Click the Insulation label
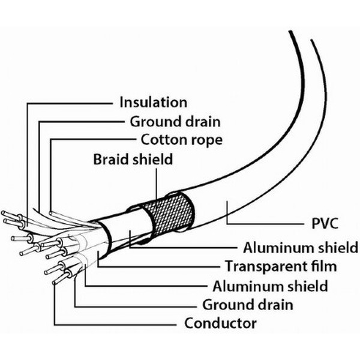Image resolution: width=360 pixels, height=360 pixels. (154, 103)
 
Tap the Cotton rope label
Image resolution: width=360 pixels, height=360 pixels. (182, 140)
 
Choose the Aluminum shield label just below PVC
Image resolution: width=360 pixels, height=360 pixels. (292, 247)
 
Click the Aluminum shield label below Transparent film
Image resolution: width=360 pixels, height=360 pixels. (270, 285)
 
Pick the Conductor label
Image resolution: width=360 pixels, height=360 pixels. (220, 324)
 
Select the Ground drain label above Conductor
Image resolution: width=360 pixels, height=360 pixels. (247, 304)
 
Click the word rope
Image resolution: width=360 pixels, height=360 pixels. (207, 140)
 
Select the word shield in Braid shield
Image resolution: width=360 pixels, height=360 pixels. (152, 160)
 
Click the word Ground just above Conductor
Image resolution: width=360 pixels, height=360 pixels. (226, 304)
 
